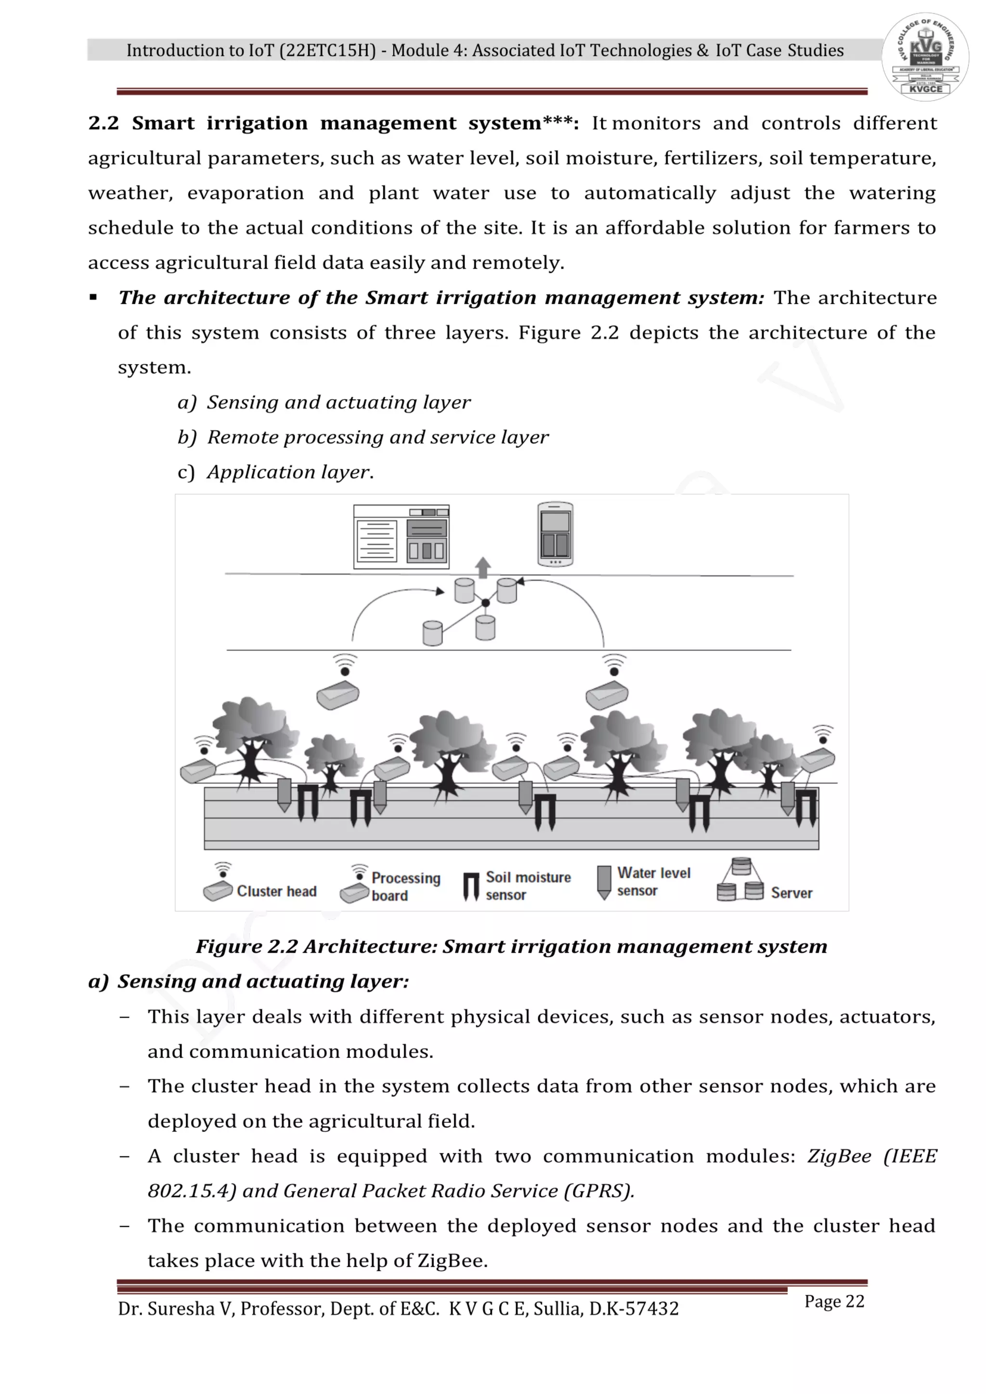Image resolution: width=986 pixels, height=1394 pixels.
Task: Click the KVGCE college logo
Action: coord(925,56)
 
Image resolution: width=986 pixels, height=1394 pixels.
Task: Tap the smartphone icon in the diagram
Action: coord(555,534)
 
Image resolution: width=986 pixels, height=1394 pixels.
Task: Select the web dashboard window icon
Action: coord(402,536)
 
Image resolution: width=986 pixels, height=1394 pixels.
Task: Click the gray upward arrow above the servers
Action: coord(483,567)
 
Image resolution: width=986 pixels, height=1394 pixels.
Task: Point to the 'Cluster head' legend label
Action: coord(276,891)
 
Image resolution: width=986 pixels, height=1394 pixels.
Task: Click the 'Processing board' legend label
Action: coord(405,886)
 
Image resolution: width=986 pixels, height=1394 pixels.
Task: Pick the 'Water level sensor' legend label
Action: coord(653,881)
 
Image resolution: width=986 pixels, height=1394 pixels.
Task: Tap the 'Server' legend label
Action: coord(791,893)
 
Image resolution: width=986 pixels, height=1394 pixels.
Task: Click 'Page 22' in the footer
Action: coord(833,1301)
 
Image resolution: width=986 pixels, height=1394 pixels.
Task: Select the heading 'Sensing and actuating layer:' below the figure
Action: coord(263,981)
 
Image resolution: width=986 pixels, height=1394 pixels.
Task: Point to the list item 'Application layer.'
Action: coord(290,472)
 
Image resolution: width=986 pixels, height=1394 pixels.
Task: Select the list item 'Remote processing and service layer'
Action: coord(377,437)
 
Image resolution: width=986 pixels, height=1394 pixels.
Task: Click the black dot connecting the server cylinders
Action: coord(485,602)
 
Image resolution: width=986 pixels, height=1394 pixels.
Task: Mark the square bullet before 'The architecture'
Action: coord(93,298)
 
